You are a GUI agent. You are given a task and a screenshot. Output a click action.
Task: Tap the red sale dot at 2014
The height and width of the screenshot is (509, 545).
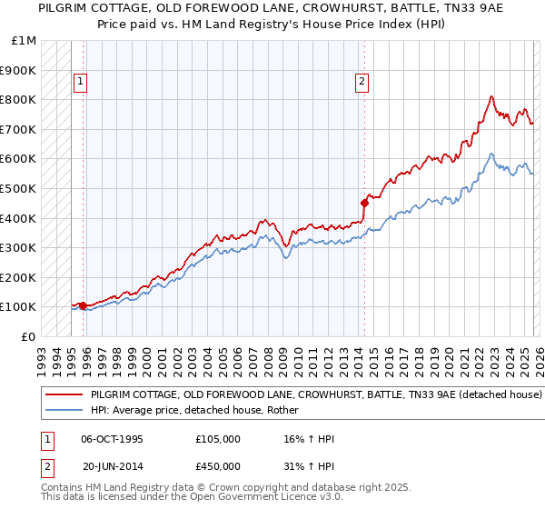364,203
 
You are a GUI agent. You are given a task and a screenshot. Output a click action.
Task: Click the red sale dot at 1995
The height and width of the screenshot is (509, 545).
84,305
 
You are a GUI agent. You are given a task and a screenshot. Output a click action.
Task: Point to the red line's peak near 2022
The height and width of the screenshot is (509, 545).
491,96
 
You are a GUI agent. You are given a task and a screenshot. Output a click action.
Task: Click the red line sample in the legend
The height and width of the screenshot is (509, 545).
64,395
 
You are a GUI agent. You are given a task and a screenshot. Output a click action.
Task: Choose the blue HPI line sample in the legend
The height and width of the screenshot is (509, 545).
64,411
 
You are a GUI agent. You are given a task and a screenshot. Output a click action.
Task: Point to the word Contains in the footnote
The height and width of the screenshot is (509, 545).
64,487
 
